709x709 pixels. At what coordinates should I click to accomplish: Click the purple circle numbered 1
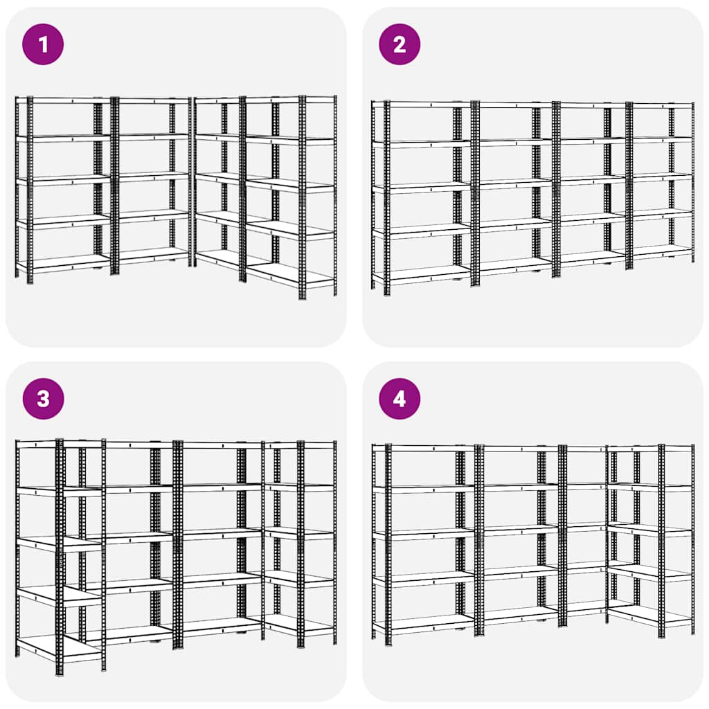tap(43, 44)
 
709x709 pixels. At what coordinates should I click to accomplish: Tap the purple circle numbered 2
tap(400, 44)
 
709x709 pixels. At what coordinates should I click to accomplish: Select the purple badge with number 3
tap(43, 399)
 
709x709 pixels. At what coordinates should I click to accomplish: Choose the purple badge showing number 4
tap(400, 399)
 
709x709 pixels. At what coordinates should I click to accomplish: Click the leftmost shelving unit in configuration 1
tap(63, 187)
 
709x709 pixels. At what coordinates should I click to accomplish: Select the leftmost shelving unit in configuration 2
tap(422, 194)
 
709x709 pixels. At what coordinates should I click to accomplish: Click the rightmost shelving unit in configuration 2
tap(661, 183)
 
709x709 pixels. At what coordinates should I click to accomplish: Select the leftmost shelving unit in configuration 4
tap(424, 540)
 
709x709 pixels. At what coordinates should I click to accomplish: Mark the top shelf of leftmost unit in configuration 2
tap(422, 105)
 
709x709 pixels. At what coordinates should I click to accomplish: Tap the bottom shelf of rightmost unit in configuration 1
tap(291, 276)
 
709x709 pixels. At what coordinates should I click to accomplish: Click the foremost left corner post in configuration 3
tap(60, 557)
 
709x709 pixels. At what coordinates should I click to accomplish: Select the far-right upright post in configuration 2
tap(692, 183)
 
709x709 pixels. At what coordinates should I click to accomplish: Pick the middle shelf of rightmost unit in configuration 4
tap(649, 530)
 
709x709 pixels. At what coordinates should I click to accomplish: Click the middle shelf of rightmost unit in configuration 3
tap(300, 533)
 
